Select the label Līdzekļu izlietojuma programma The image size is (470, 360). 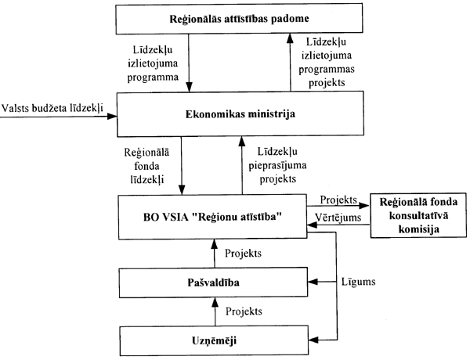(155, 66)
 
